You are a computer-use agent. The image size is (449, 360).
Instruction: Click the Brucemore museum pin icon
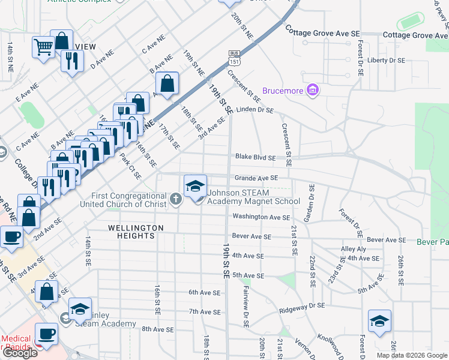(312, 91)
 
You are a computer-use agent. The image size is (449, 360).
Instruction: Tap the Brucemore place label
(283, 91)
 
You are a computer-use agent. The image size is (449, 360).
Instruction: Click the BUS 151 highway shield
(234, 58)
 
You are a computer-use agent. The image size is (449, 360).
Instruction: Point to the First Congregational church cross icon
(175, 199)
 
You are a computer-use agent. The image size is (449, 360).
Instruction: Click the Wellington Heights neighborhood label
(136, 232)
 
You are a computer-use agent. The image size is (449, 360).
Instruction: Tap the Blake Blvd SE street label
(255, 158)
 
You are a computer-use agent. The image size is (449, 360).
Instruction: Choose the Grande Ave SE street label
(256, 178)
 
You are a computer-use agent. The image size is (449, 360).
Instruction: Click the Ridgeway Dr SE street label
(302, 307)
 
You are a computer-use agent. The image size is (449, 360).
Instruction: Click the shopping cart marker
(43, 46)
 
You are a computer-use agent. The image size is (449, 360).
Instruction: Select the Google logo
(19, 353)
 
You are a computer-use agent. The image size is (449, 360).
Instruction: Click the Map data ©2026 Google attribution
(412, 355)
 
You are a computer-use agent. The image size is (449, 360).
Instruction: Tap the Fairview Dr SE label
(246, 306)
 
